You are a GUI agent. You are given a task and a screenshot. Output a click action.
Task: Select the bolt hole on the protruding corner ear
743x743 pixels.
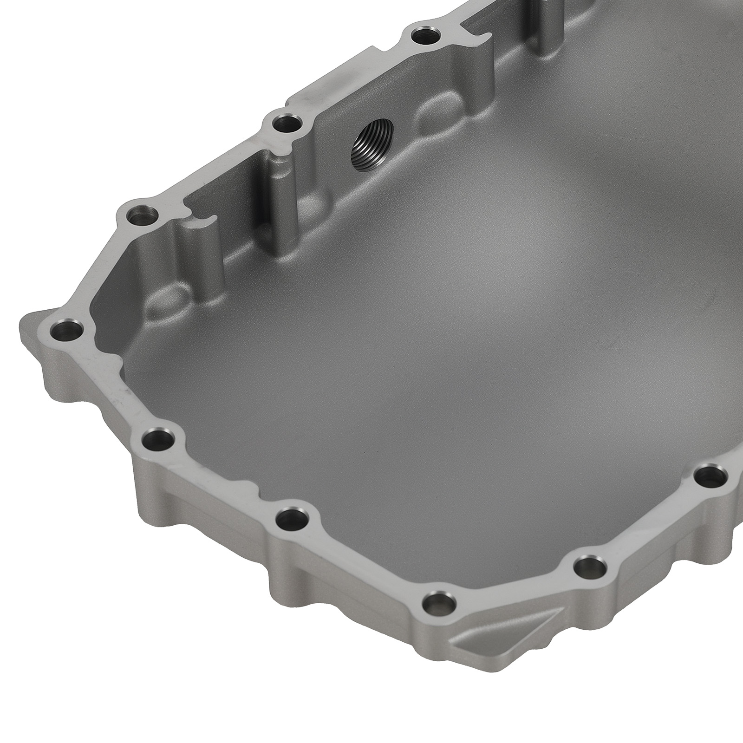pos(66,332)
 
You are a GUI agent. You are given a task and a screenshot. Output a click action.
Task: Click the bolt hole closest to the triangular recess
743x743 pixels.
pos(439,604)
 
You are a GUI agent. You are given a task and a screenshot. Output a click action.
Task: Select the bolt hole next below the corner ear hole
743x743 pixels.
pos(157,437)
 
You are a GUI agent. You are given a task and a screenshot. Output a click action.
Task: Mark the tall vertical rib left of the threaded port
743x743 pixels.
pos(284,209)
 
